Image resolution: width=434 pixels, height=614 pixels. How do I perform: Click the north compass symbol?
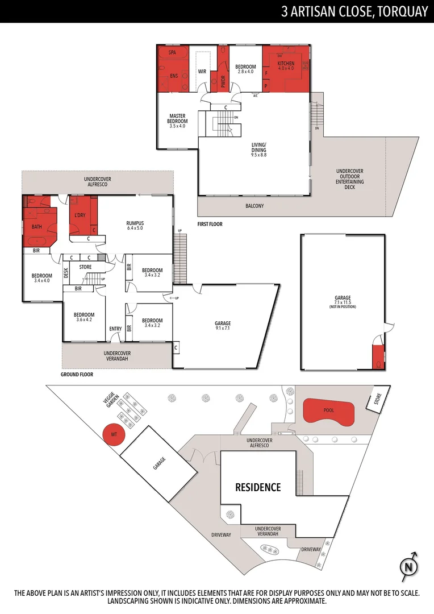click(408, 566)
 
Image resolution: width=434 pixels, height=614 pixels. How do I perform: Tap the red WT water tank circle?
click(114, 435)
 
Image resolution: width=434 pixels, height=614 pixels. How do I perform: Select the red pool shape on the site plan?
click(329, 410)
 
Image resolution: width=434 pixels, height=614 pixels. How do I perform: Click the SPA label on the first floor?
click(173, 52)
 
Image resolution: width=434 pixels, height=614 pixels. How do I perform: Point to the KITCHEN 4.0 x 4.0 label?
click(286, 66)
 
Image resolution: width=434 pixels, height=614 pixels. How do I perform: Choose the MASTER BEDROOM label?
click(177, 121)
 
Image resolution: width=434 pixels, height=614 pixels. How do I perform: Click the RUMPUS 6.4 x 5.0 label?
click(135, 226)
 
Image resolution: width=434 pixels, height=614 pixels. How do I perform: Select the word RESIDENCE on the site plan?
click(258, 487)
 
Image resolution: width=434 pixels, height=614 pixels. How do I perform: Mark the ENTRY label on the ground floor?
click(115, 329)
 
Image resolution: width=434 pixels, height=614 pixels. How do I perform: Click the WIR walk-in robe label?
click(202, 72)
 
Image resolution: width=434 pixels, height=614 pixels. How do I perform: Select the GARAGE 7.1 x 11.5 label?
click(343, 300)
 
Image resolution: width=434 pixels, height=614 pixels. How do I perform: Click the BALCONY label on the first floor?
click(254, 206)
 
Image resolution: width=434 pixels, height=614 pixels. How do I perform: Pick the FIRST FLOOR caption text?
click(210, 224)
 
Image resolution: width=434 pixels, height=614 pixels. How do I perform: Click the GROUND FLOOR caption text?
click(77, 375)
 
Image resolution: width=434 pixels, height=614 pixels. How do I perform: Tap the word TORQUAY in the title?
click(401, 11)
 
